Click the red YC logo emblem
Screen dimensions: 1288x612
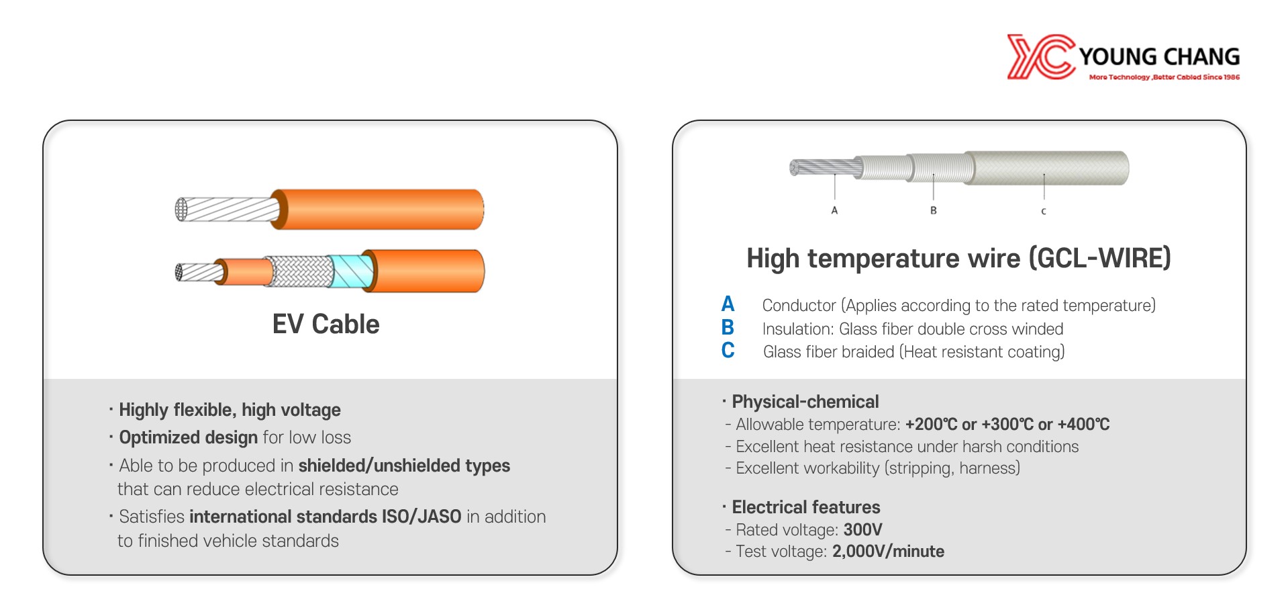point(1041,57)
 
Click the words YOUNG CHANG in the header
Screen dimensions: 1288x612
point(1159,56)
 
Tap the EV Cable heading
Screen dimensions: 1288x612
point(326,324)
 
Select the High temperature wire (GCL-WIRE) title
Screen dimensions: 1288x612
point(958,259)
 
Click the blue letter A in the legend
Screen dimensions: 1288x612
point(728,304)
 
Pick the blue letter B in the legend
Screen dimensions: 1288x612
point(728,328)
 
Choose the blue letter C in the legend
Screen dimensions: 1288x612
point(728,351)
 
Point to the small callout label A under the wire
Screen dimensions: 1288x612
point(834,210)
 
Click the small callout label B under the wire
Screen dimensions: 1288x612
point(933,210)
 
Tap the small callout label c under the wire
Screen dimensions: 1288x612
point(1044,211)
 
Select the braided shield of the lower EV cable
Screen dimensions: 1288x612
point(299,271)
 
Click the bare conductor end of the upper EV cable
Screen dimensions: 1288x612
point(227,210)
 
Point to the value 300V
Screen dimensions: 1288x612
point(862,530)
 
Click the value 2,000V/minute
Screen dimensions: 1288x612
point(888,552)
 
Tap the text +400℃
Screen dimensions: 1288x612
point(1083,425)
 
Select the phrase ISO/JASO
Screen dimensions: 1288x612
point(422,517)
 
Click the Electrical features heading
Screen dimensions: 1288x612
point(806,507)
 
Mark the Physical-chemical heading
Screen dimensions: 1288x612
point(805,402)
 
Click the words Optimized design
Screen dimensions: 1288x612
point(189,438)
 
